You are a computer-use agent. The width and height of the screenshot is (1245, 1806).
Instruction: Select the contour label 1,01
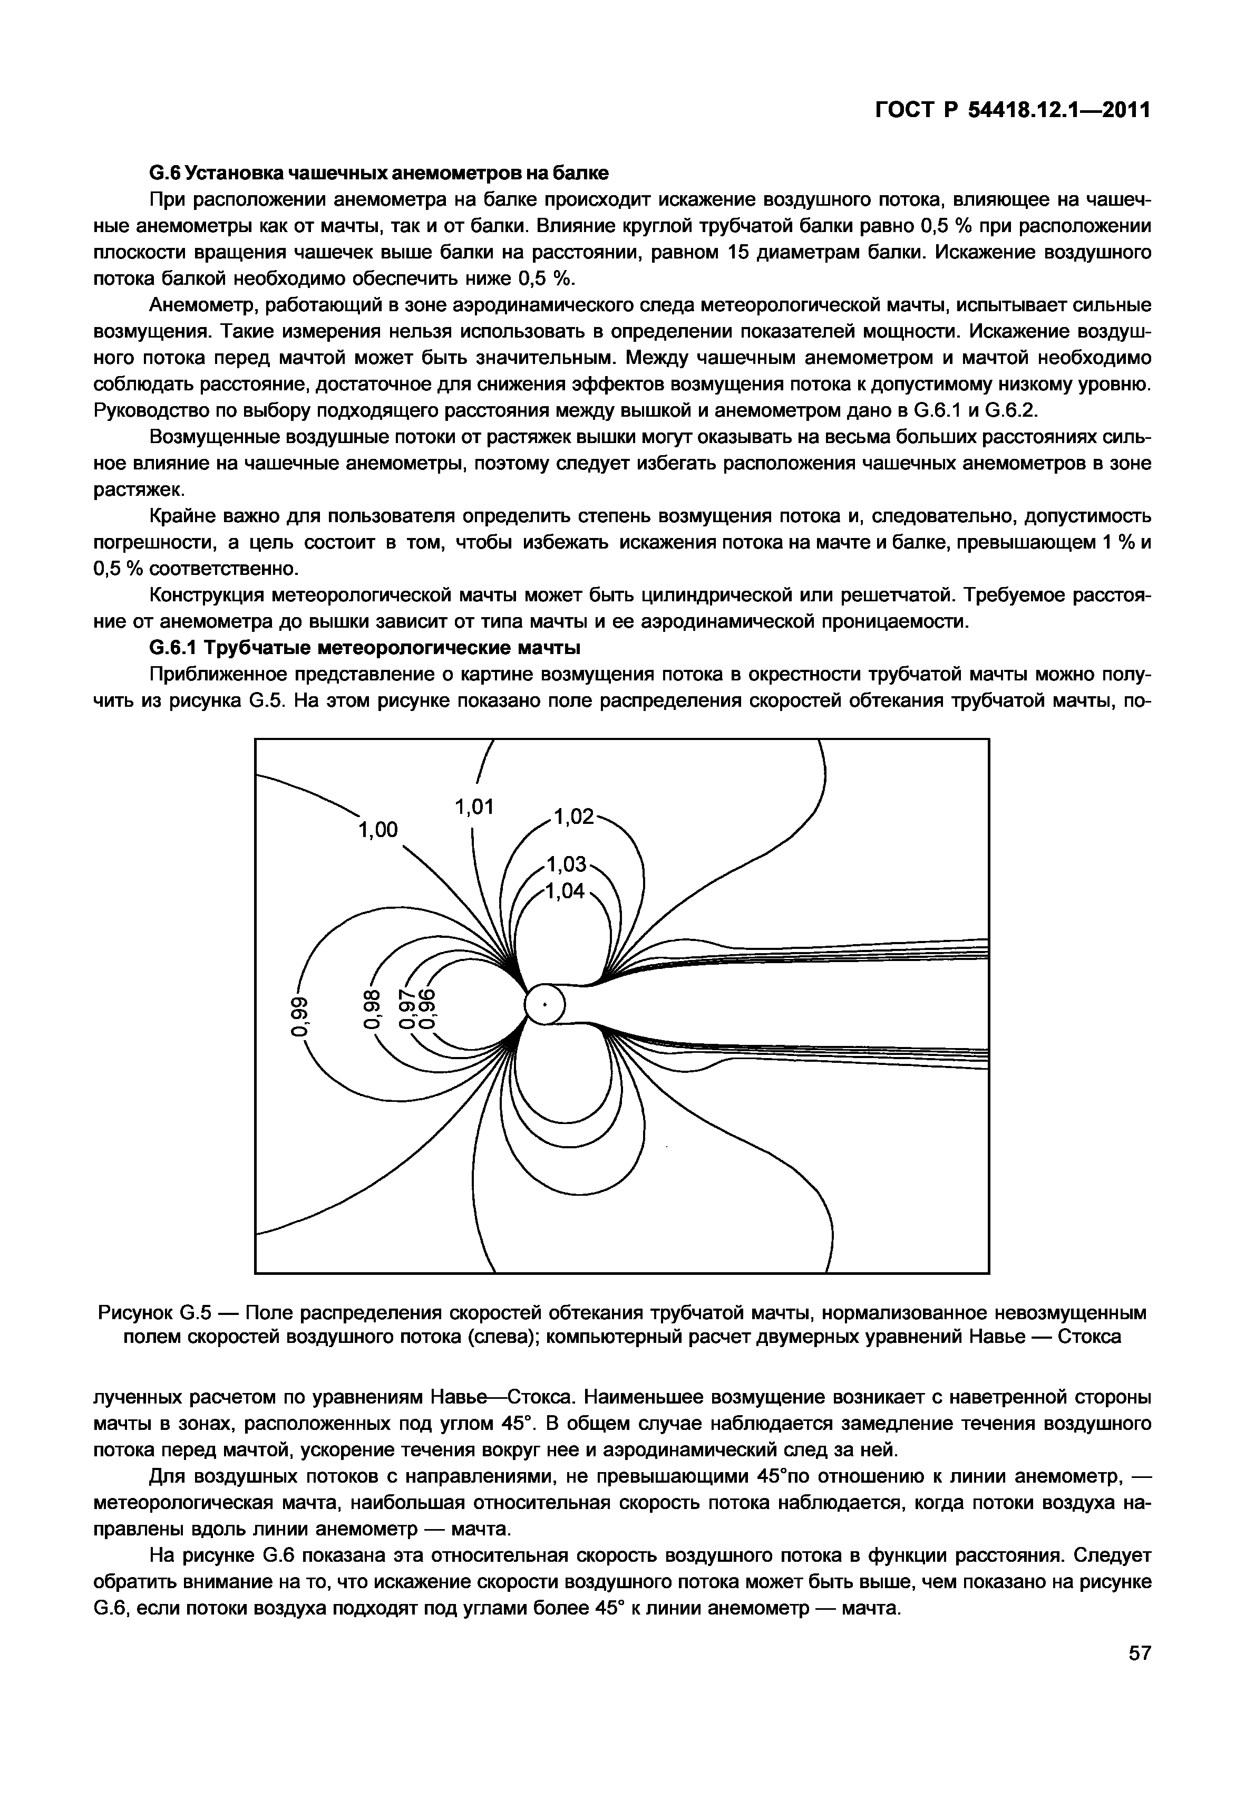pyautogui.click(x=474, y=807)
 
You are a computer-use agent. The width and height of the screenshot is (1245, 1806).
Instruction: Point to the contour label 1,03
pyautogui.click(x=566, y=864)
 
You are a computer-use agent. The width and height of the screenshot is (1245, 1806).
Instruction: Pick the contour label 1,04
pyautogui.click(x=566, y=890)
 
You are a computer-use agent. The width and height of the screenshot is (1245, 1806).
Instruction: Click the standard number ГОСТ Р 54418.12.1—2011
pyautogui.click(x=1011, y=112)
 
